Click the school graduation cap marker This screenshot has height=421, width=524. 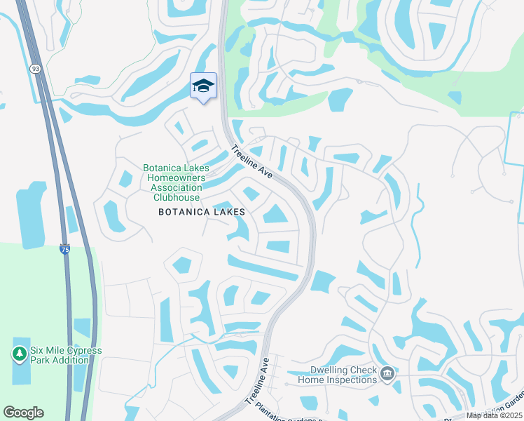click(x=203, y=86)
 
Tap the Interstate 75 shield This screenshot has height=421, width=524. click(x=64, y=249)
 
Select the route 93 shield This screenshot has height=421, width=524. click(x=35, y=68)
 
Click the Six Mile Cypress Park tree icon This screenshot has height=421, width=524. click(x=20, y=354)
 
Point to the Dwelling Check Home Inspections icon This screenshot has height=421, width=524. click(x=388, y=375)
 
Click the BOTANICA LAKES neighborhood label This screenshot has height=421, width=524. click(x=202, y=211)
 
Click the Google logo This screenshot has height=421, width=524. click(x=23, y=413)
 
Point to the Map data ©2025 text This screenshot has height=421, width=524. click(x=493, y=415)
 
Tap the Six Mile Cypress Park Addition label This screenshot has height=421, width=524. click(x=66, y=355)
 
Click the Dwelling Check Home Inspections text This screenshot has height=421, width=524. click(x=337, y=375)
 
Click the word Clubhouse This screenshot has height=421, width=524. click(x=174, y=198)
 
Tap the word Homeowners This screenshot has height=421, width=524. click(x=174, y=178)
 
